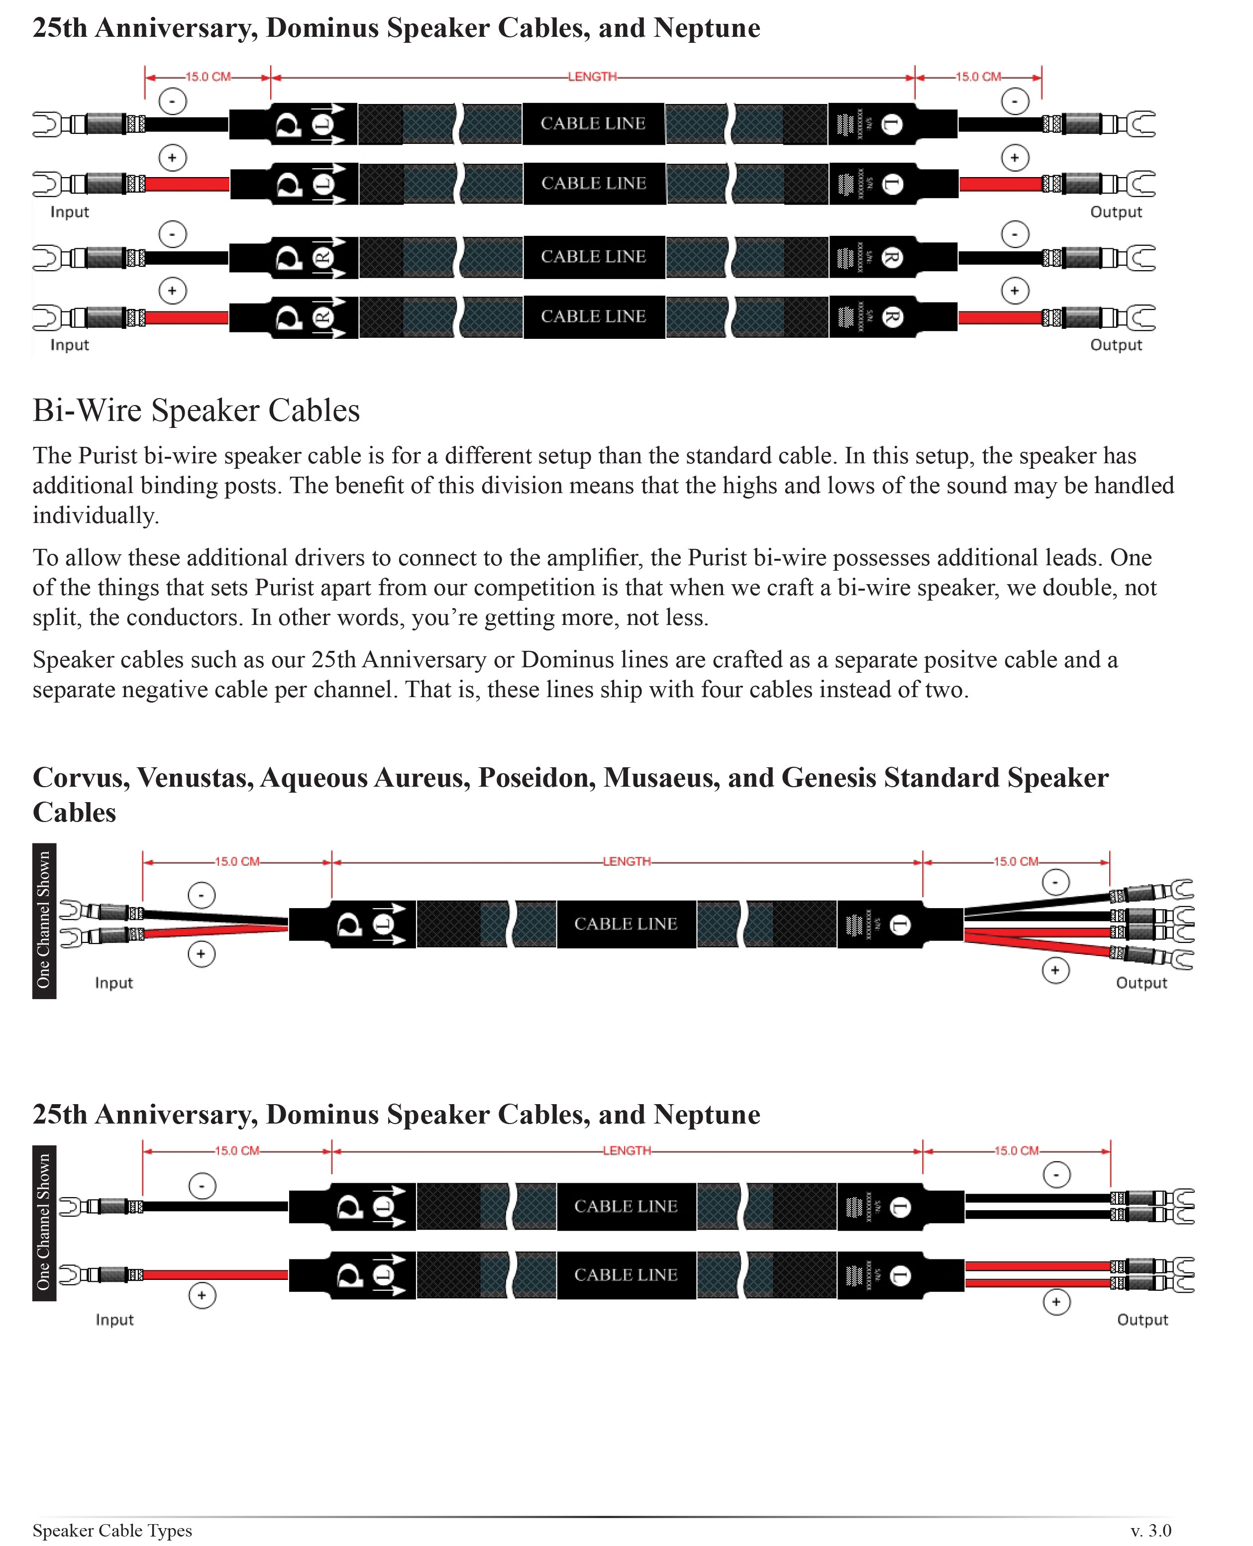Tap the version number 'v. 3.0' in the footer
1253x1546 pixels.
(1150, 1530)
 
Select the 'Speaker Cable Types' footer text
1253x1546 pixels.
(112, 1530)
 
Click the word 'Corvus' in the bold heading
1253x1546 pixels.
(80, 777)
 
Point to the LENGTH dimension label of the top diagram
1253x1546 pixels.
(592, 77)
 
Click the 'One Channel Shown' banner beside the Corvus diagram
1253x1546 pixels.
(44, 920)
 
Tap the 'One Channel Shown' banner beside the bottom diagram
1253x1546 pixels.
(44, 1223)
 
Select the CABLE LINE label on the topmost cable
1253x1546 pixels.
(593, 123)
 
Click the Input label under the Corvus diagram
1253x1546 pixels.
(114, 983)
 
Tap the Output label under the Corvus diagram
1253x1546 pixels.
(1141, 983)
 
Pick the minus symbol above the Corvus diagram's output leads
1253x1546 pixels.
(1055, 882)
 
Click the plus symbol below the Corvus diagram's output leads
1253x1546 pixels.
(1055, 970)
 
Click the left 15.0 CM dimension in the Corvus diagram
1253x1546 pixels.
(237, 861)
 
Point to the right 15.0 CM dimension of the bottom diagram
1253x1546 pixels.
(1016, 1150)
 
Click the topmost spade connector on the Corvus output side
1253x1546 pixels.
(1181, 889)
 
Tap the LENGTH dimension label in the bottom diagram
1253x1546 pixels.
(626, 1150)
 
